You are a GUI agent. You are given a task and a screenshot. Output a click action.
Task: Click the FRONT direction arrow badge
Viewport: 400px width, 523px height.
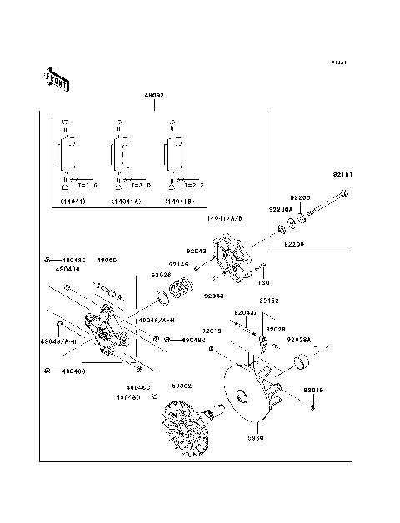click(56, 77)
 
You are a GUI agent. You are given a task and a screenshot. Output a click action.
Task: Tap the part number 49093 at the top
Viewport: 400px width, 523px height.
click(155, 95)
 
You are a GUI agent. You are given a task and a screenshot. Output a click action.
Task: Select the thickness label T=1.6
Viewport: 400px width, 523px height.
click(87, 185)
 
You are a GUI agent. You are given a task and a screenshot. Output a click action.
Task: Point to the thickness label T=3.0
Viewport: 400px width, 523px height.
click(139, 185)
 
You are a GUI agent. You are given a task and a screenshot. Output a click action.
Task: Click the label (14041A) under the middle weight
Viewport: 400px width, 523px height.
click(125, 202)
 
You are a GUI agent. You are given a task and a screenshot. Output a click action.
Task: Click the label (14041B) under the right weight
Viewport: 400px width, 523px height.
click(180, 202)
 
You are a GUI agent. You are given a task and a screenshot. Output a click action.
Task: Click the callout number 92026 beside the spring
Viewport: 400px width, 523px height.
click(161, 275)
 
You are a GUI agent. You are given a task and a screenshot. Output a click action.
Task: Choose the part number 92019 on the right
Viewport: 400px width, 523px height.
click(312, 390)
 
